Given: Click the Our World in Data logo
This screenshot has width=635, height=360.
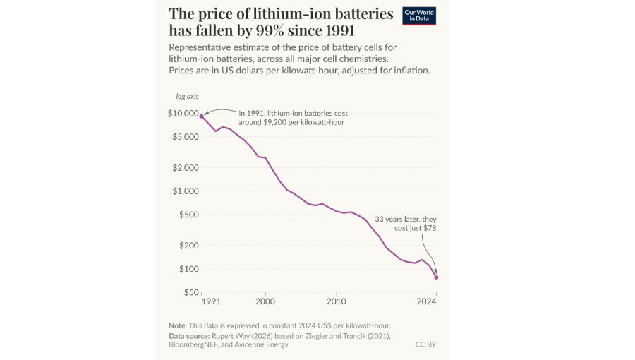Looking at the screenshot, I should pos(419,16).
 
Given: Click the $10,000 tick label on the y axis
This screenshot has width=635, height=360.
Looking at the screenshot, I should pos(183,114).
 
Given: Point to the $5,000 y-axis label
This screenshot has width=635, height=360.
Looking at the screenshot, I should pos(186,137).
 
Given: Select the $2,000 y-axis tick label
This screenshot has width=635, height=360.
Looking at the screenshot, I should pos(186,168).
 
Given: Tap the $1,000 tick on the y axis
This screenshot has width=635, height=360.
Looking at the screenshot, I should pos(186,191).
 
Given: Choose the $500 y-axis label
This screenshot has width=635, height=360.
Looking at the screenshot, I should pos(188,215).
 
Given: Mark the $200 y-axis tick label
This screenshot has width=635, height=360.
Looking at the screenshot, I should pos(188,246).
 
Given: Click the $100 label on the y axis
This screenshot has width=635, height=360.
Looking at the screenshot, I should pos(188,269).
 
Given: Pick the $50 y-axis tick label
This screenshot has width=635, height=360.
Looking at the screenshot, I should pos(190,292).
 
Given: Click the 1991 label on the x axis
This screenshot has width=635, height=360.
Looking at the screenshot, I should pos(210,301).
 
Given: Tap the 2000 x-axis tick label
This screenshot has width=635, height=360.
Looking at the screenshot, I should pos(265,301).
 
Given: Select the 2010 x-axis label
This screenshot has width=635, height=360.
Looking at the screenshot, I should pos(337,301).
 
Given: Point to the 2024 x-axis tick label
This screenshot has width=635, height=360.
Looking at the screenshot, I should pos(426,301).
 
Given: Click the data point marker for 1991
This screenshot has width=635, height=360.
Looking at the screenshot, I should pos(202,116).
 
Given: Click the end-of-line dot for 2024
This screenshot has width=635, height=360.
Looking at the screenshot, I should pos(436,277).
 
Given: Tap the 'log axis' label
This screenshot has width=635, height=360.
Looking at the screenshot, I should pos(187,96).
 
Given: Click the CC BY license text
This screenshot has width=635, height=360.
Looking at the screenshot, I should pos(425,344).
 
